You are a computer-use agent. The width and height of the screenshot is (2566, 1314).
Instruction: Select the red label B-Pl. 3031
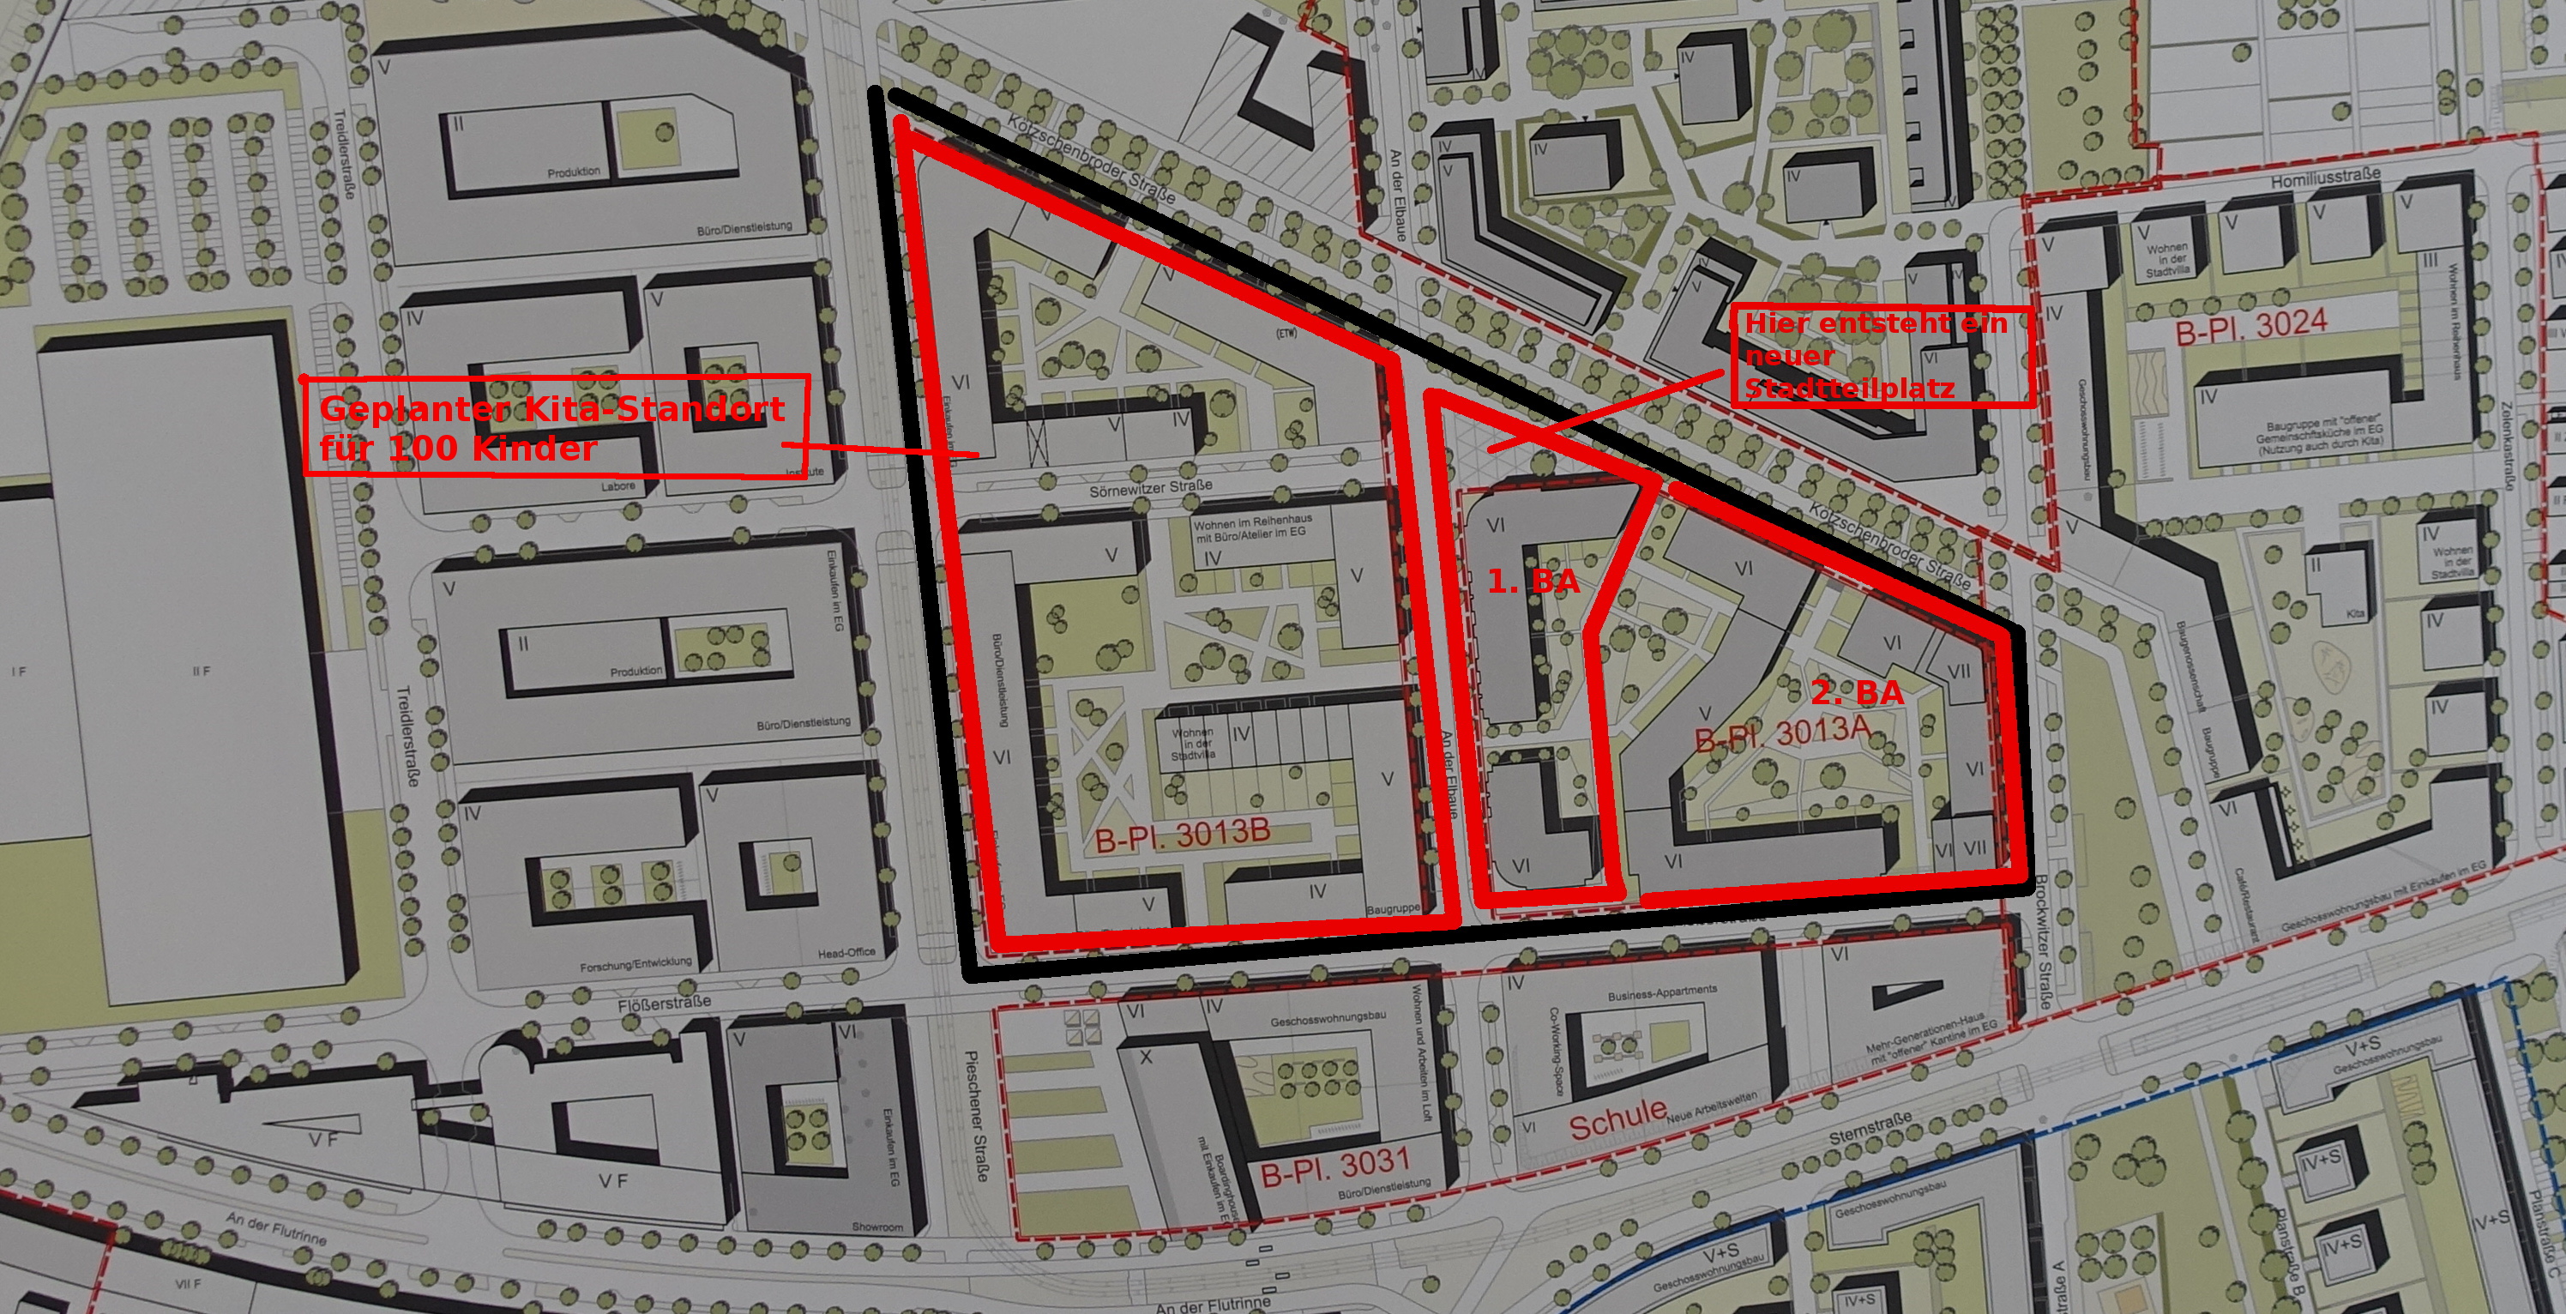click(x=1334, y=1166)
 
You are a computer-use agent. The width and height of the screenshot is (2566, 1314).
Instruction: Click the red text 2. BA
click(x=1858, y=692)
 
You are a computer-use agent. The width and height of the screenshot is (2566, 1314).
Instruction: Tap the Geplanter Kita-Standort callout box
click(x=554, y=425)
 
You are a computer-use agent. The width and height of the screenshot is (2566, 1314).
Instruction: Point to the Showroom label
click(x=876, y=1227)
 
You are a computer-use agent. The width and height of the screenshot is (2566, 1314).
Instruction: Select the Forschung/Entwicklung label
click(x=635, y=964)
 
